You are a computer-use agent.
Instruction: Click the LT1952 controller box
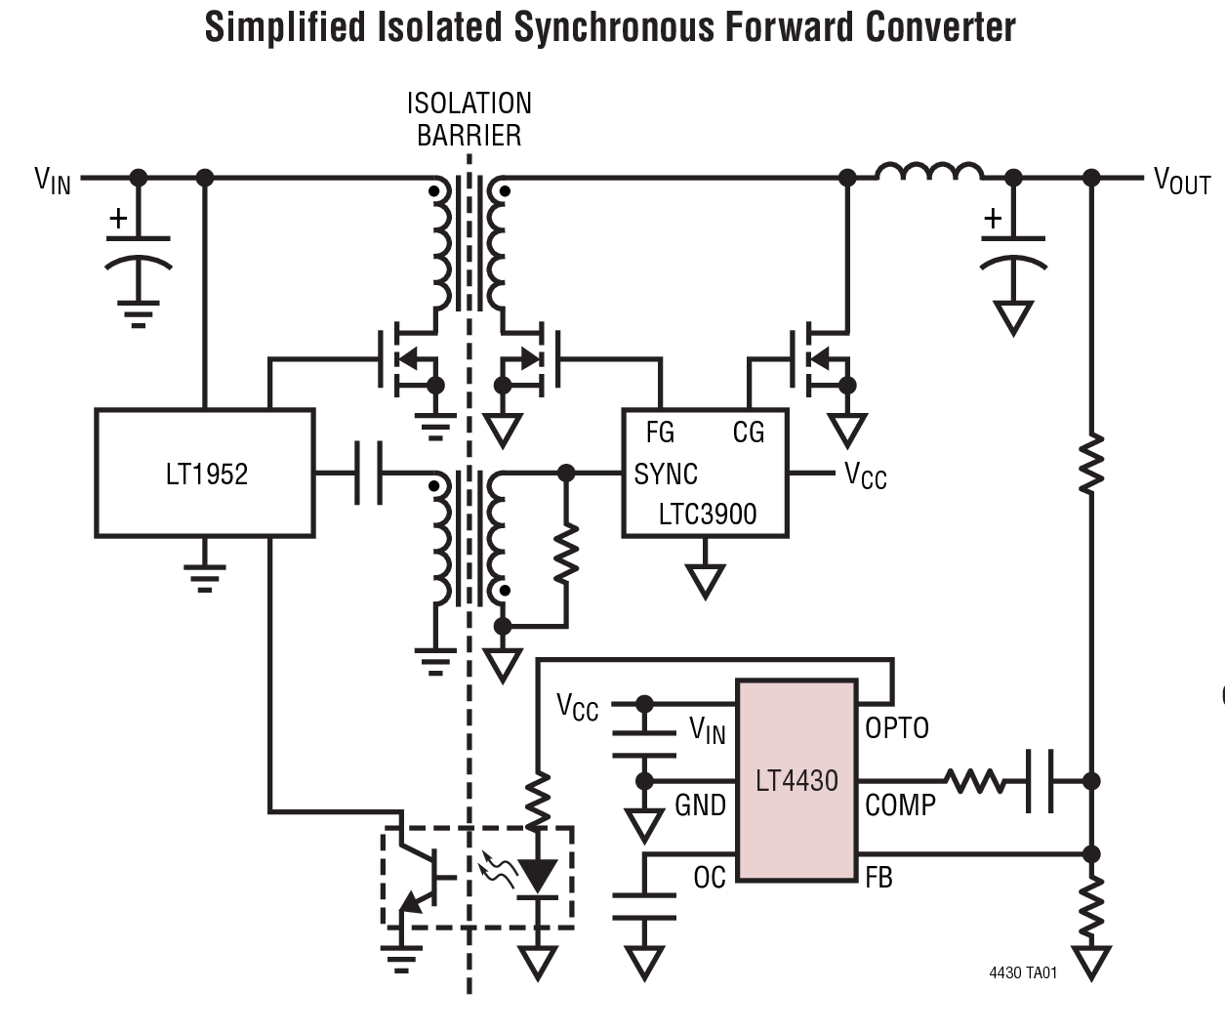[x=205, y=474]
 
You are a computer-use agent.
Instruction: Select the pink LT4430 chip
[x=796, y=780]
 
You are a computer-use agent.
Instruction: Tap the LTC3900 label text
[x=708, y=515]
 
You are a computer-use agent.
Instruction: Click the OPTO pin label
[x=897, y=728]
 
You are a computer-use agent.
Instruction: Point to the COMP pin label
[x=900, y=805]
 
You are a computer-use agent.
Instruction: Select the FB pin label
[x=878, y=878]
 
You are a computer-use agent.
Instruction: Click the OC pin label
[x=710, y=878]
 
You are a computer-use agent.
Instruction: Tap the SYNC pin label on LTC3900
[x=666, y=475]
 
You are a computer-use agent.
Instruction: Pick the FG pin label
[x=660, y=433]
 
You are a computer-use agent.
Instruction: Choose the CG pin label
[x=749, y=433]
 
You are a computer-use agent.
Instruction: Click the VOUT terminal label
[x=1181, y=182]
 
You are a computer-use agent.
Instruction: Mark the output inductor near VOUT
[x=929, y=173]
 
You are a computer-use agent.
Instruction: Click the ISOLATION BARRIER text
[x=470, y=119]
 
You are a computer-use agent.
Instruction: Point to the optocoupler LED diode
[x=537, y=876]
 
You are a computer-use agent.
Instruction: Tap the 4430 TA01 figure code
[x=1023, y=972]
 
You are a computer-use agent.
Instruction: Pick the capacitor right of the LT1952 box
[x=368, y=474]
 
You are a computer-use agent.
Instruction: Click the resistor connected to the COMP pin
[x=974, y=781]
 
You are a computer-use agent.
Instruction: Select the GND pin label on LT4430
[x=700, y=805]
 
